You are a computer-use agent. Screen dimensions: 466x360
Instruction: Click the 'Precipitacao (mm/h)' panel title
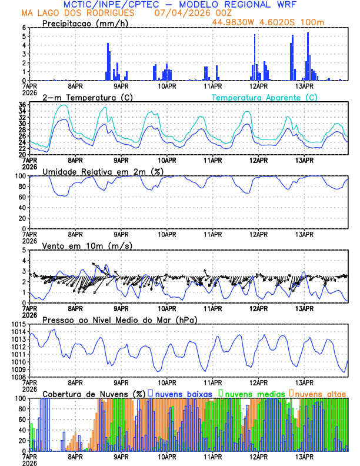pos(85,24)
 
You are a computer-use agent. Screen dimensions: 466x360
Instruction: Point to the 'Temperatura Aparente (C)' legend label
pos(264,97)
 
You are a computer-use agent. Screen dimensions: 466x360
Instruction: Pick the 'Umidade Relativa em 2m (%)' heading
pos(103,171)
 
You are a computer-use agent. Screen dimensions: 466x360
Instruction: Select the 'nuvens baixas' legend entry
pos(183,393)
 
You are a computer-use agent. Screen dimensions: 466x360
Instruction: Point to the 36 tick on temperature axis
pos(22,105)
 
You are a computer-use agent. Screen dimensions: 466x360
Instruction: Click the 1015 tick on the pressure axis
pos(18,325)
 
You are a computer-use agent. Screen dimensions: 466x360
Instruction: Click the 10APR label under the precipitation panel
pos(166,86)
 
